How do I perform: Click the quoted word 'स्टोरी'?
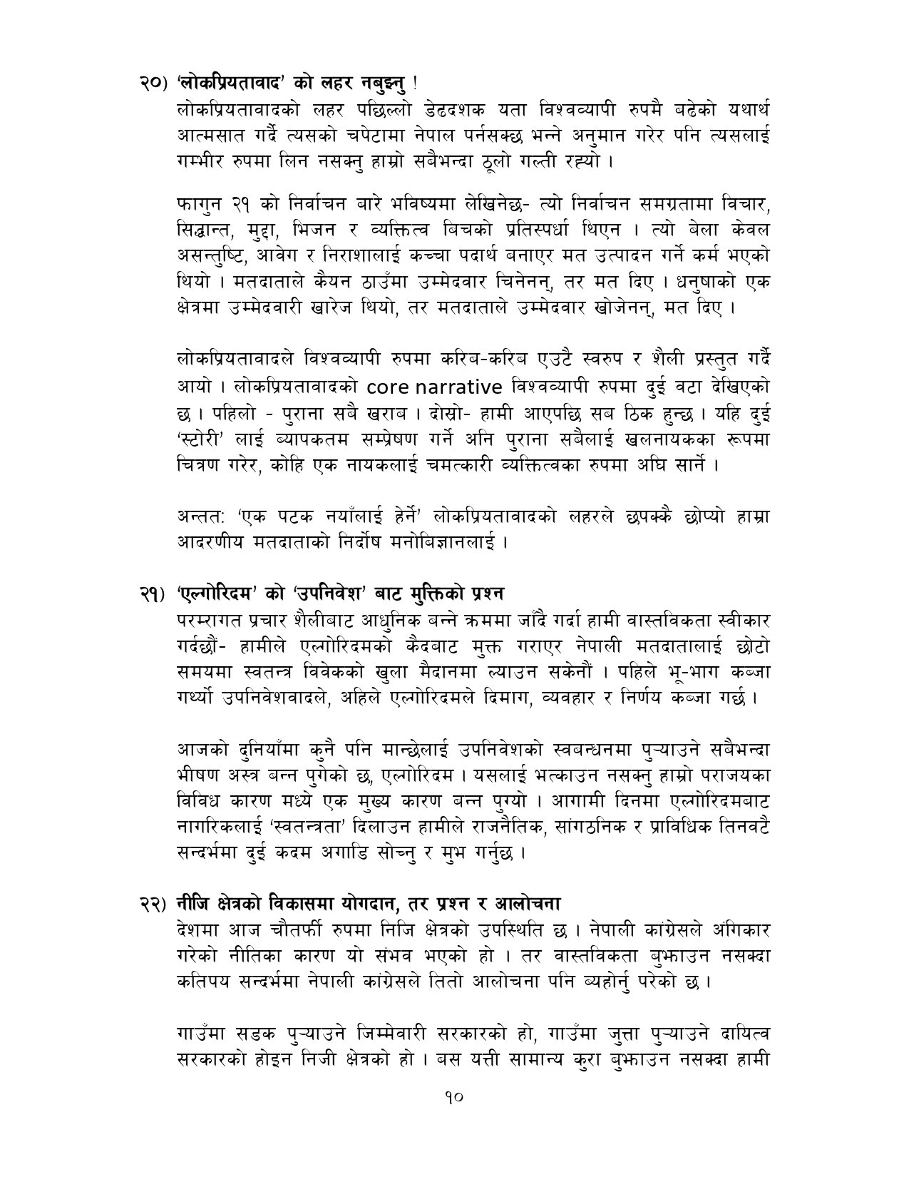click(x=202, y=440)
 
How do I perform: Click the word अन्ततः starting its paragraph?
click(x=200, y=516)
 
